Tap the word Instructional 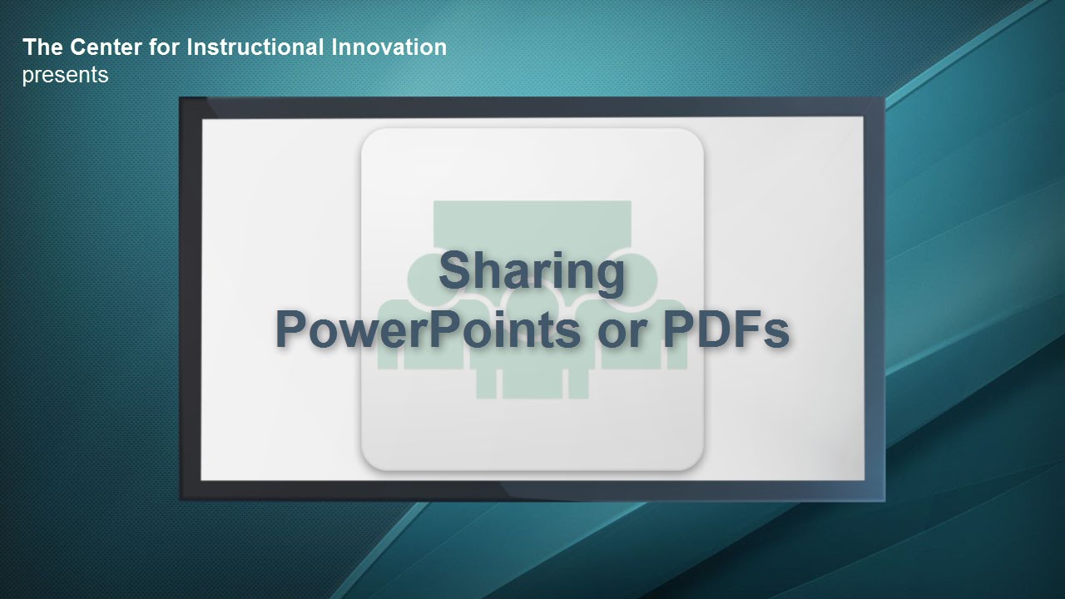pyautogui.click(x=255, y=47)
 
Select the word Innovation pyautogui.click(x=389, y=47)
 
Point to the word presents pyautogui.click(x=65, y=75)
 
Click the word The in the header pyautogui.click(x=42, y=47)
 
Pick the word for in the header pyautogui.click(x=164, y=47)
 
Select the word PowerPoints pyautogui.click(x=428, y=329)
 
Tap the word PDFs pyautogui.click(x=726, y=329)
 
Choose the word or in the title pyautogui.click(x=622, y=334)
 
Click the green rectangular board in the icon pyautogui.click(x=532, y=224)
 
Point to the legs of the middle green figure pyautogui.click(x=532, y=384)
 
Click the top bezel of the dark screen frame pyautogui.click(x=532, y=107)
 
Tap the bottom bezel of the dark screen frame pyautogui.click(x=532, y=490)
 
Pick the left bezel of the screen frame pyautogui.click(x=191, y=299)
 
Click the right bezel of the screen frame pyautogui.click(x=874, y=299)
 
